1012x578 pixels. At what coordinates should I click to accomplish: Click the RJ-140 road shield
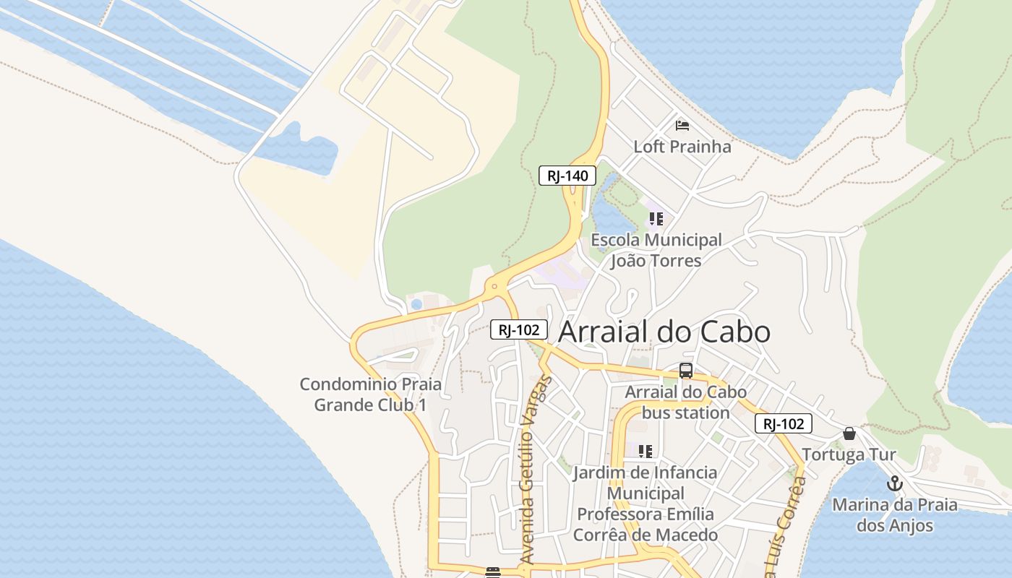(x=567, y=176)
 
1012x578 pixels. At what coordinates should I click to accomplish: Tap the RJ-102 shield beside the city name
(x=519, y=330)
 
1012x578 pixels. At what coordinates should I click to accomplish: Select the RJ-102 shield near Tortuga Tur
(x=784, y=423)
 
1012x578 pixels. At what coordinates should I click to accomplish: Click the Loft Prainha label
(x=682, y=147)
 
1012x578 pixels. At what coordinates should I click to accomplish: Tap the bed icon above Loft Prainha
(x=682, y=126)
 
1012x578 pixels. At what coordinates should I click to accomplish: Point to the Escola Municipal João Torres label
(x=656, y=250)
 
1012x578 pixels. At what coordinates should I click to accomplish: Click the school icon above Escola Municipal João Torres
(x=656, y=218)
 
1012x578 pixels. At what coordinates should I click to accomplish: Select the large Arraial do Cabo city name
(x=664, y=332)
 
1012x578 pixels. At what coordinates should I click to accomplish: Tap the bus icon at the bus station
(x=686, y=371)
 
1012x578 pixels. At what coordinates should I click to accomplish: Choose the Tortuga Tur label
(x=849, y=454)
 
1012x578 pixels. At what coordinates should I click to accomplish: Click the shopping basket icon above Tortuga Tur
(x=849, y=433)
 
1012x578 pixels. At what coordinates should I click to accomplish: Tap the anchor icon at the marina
(x=895, y=484)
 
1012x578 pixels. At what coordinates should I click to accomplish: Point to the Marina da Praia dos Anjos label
(x=894, y=515)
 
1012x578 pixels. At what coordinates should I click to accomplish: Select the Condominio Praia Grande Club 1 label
(x=370, y=394)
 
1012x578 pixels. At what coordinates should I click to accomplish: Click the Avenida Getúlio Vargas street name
(x=536, y=470)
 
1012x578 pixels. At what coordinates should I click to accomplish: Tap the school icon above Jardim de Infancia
(x=646, y=452)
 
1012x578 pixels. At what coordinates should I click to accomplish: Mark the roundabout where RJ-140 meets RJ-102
(x=494, y=286)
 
